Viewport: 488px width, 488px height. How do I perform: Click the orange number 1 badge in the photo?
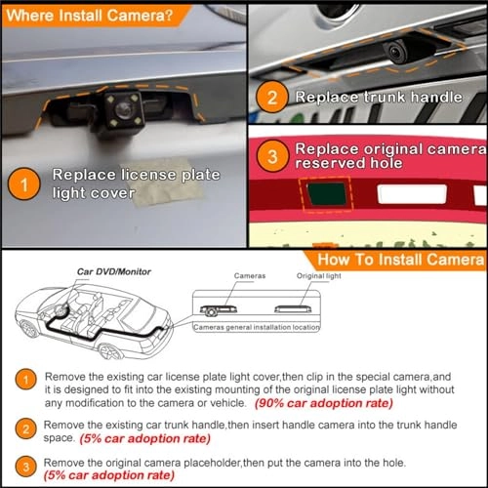pos(22,185)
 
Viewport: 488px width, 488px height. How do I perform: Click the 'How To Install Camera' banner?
pos(400,261)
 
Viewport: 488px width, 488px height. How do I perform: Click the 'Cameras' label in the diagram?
pos(250,277)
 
